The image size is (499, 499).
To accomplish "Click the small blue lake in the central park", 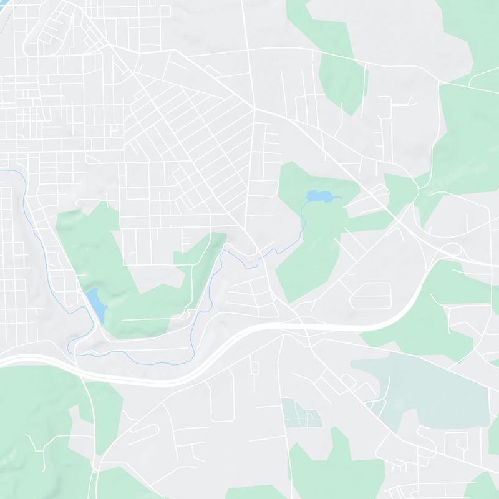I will coord(320,196).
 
